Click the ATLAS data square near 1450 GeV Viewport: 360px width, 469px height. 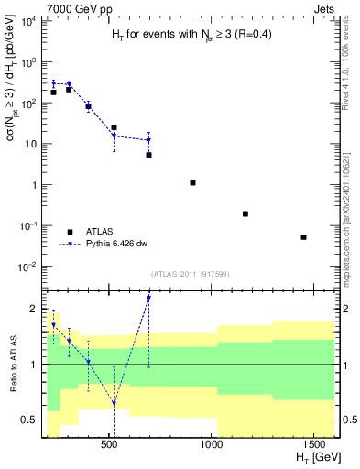coord(303,237)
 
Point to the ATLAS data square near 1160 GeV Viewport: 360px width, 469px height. coord(245,213)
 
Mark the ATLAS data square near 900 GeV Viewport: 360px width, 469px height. coord(192,183)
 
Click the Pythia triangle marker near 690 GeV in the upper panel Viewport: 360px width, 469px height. coord(148,140)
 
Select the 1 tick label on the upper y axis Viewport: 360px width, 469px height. coord(32,185)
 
